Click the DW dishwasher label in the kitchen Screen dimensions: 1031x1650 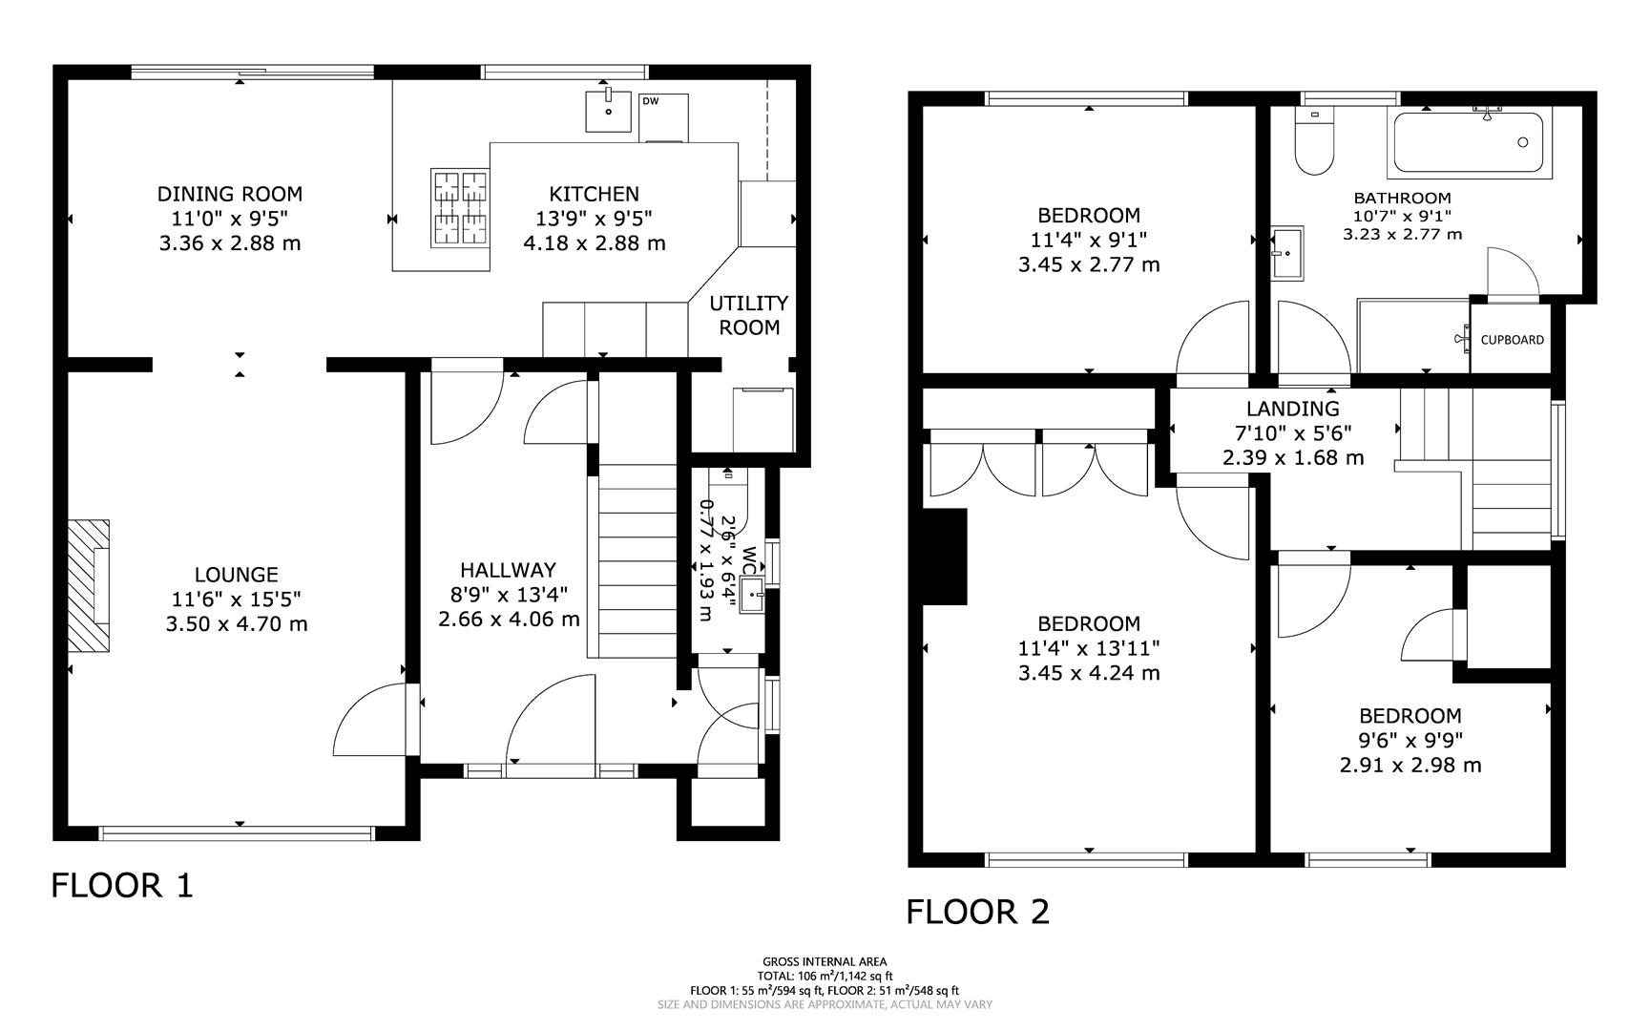coord(650,101)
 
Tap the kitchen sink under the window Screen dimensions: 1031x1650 coord(608,111)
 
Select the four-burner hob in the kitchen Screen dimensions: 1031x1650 coord(459,208)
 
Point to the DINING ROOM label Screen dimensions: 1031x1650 coord(229,194)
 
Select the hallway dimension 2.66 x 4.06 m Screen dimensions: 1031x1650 coord(509,620)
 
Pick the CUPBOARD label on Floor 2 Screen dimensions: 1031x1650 coord(1512,340)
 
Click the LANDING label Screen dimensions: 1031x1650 coord(1292,409)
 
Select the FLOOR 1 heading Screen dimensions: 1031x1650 coord(122,885)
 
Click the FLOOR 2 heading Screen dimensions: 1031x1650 coord(977,912)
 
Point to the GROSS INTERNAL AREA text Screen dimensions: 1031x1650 coord(825,961)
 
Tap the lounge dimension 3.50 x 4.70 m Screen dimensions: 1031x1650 coord(236,624)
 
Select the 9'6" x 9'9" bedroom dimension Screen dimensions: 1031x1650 coord(1410,740)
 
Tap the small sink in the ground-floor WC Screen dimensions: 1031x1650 coord(753,596)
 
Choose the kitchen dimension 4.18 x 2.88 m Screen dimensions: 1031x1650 coord(594,243)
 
